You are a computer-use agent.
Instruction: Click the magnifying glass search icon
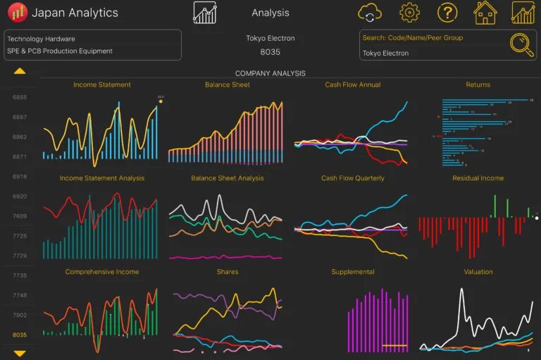pyautogui.click(x=522, y=44)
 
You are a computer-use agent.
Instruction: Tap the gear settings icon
pyautogui.click(x=409, y=13)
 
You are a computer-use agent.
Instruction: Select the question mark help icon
pyautogui.click(x=447, y=13)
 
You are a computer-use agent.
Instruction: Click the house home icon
pyautogui.click(x=485, y=13)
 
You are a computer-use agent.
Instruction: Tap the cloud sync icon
pyautogui.click(x=370, y=13)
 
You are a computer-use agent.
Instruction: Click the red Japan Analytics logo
pyautogui.click(x=18, y=13)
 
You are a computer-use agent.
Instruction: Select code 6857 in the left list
pyautogui.click(x=20, y=117)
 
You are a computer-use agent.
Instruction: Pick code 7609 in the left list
pyautogui.click(x=20, y=216)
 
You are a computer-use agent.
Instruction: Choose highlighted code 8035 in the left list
pyautogui.click(x=20, y=335)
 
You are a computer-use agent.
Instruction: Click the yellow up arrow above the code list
pyautogui.click(x=20, y=71)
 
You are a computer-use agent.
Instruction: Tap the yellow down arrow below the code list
pyautogui.click(x=20, y=353)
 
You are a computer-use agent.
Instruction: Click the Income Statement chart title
pyautogui.click(x=102, y=85)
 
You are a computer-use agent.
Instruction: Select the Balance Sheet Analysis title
pyautogui.click(x=228, y=178)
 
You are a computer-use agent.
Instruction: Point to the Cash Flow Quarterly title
pyautogui.click(x=353, y=178)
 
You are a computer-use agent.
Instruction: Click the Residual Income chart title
pyautogui.click(x=478, y=178)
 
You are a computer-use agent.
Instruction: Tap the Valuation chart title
pyautogui.click(x=478, y=272)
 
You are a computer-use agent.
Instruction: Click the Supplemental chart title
pyautogui.click(x=353, y=272)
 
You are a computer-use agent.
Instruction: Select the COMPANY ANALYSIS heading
pyautogui.click(x=270, y=73)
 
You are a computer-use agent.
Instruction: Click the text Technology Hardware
pyautogui.click(x=41, y=39)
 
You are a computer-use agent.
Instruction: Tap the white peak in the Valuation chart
pyautogui.click(x=462, y=290)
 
